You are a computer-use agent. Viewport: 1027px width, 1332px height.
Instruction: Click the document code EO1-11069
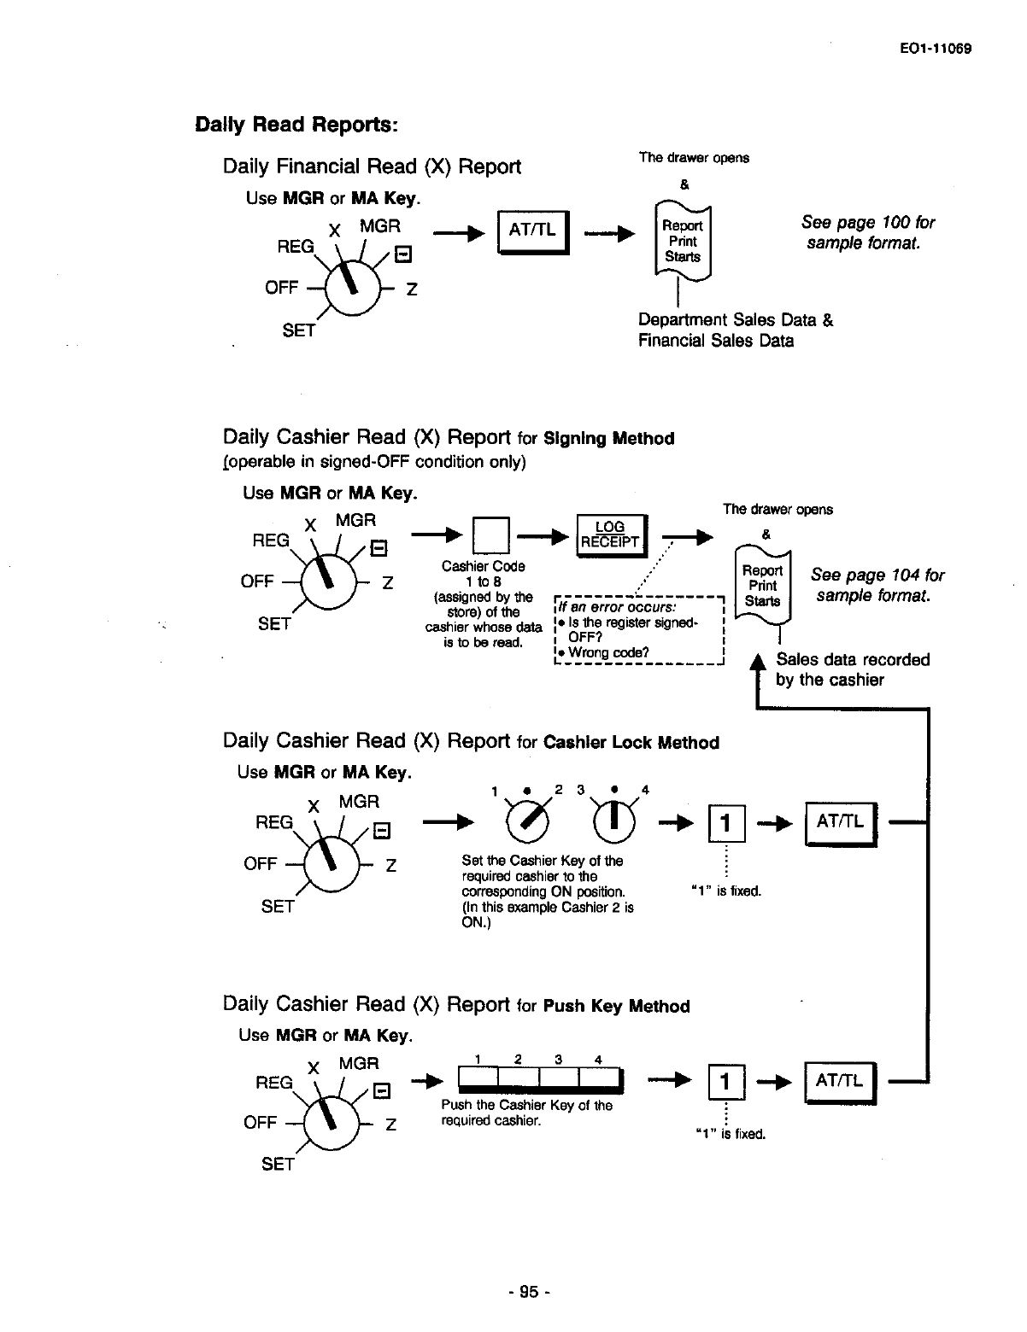pyautogui.click(x=936, y=49)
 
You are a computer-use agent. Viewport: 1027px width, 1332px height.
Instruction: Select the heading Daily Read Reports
pyautogui.click(x=296, y=125)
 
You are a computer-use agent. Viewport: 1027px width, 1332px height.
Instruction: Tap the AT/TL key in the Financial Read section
pyautogui.click(x=532, y=230)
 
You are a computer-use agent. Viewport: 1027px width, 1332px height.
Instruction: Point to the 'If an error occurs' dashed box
pyautogui.click(x=638, y=630)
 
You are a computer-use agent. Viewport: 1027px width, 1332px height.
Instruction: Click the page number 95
pyautogui.click(x=529, y=1292)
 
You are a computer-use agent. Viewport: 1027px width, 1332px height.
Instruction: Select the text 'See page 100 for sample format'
pyautogui.click(x=866, y=232)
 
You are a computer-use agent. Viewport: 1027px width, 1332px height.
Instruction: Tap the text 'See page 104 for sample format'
pyautogui.click(x=877, y=585)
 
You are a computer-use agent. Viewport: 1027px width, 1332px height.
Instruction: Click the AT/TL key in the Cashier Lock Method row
pyautogui.click(x=841, y=822)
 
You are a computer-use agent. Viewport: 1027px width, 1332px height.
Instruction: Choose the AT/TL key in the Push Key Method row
pyautogui.click(x=841, y=1082)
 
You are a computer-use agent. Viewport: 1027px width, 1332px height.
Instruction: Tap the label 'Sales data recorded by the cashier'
pyautogui.click(x=852, y=669)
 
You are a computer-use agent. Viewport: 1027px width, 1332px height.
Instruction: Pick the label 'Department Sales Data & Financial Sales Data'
pyautogui.click(x=735, y=330)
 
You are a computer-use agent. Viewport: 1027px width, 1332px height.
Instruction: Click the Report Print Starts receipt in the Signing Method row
pyautogui.click(x=762, y=587)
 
